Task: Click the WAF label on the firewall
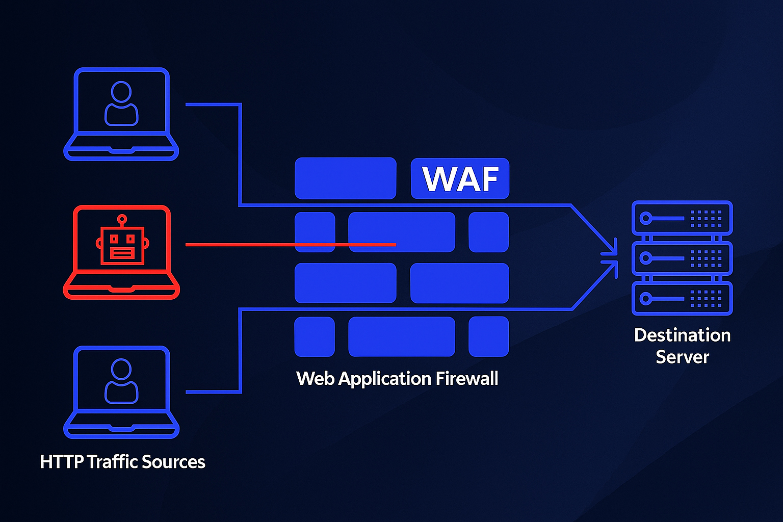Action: [460, 178]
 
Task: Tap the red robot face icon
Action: [122, 246]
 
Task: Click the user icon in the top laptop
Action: [121, 104]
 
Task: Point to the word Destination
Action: [682, 335]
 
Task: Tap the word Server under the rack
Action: [682, 357]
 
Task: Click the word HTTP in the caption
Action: [61, 462]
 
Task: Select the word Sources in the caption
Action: [173, 462]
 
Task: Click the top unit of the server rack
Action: [682, 218]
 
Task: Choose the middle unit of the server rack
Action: [682, 258]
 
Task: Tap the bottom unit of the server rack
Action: [682, 298]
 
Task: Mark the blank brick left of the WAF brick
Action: [345, 178]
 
